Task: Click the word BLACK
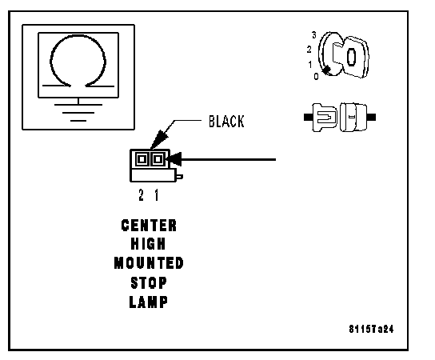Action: click(226, 122)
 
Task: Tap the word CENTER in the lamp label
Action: click(149, 226)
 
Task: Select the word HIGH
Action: click(148, 244)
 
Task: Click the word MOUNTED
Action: click(149, 263)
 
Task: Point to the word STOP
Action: click(149, 283)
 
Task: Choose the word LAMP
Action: click(149, 302)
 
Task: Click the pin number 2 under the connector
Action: click(142, 195)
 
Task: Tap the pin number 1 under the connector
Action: click(157, 195)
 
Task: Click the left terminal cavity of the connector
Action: click(142, 159)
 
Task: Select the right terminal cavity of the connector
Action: click(158, 159)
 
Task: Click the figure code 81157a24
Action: click(371, 329)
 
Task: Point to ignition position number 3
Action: click(314, 35)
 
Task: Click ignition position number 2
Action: click(309, 50)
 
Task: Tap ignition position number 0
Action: click(317, 76)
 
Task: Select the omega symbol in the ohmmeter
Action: click(78, 61)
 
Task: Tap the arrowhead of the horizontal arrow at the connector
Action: click(175, 159)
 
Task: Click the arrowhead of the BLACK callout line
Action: click(159, 140)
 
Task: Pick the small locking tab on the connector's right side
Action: click(179, 177)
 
